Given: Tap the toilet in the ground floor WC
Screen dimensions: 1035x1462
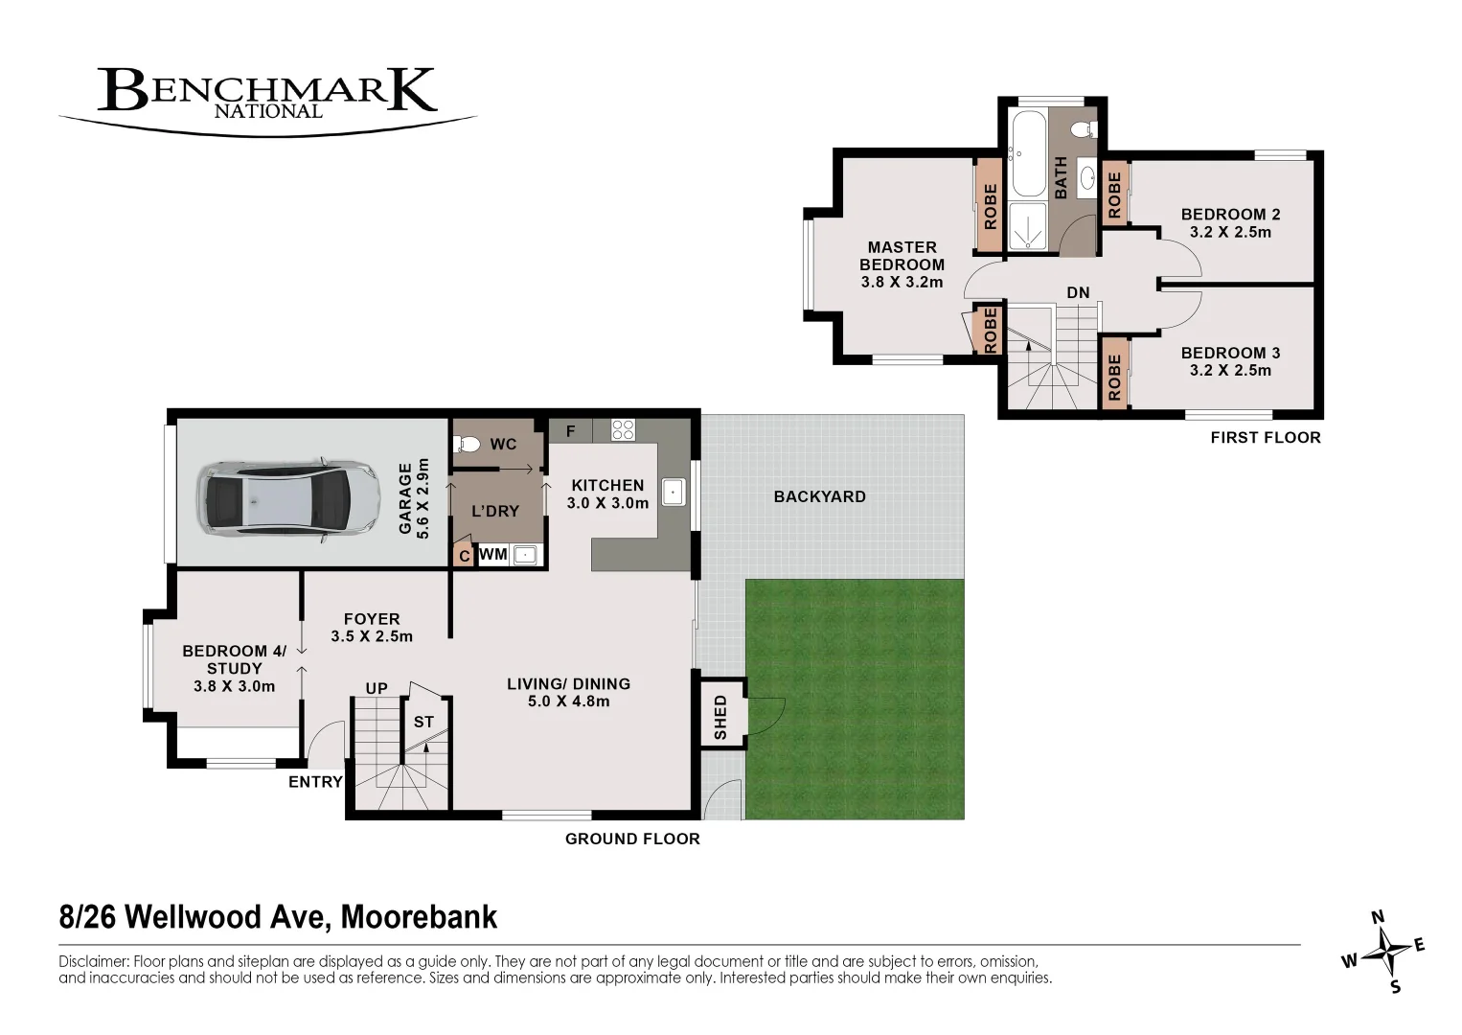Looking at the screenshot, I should (x=468, y=444).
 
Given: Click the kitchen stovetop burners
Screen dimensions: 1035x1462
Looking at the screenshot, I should (x=623, y=430).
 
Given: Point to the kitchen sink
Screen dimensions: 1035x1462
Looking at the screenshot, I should (x=674, y=493).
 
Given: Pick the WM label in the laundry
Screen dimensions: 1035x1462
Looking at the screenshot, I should (x=493, y=554).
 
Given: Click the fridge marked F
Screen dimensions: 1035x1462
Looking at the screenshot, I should (x=570, y=431).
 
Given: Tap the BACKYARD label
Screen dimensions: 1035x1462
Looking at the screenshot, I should (x=819, y=496).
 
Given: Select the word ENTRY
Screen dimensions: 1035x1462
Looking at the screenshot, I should (x=315, y=782).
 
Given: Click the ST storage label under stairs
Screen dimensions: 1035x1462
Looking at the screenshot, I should (x=423, y=722).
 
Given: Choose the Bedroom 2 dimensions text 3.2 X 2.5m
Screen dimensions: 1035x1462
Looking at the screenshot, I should (x=1230, y=232).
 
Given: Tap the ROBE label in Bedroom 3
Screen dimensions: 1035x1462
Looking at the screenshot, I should (x=1114, y=377).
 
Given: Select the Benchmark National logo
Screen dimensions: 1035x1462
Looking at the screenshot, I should (x=268, y=96).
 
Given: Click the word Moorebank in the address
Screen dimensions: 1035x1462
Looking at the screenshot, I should (x=419, y=917).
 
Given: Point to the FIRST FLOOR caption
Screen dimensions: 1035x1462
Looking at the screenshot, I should (x=1265, y=437).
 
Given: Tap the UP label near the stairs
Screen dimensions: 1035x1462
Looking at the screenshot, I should (x=377, y=688).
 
